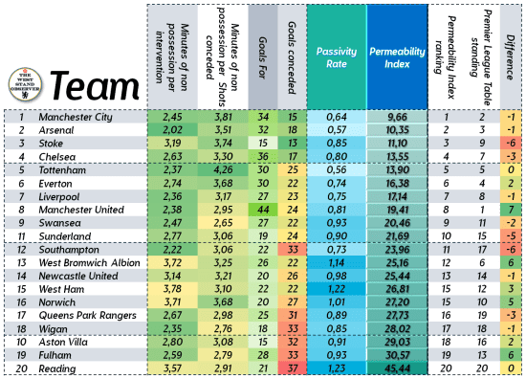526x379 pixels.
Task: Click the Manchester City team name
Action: point(77,117)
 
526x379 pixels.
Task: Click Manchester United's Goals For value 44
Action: point(262,209)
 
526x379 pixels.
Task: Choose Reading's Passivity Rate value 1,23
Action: point(335,368)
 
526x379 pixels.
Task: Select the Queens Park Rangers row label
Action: point(86,315)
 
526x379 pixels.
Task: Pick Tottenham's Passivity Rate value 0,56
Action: point(335,169)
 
